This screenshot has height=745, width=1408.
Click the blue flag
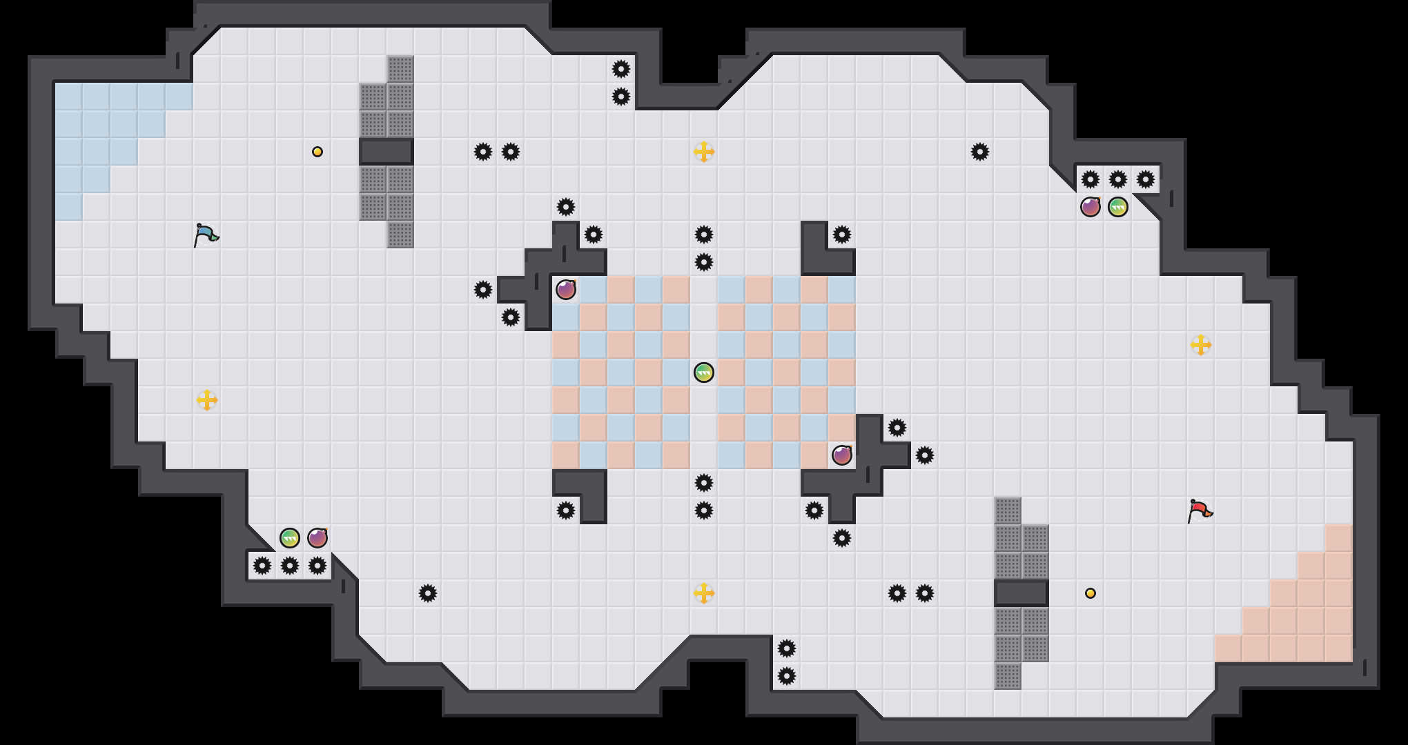point(206,235)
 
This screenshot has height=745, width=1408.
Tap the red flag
point(1200,510)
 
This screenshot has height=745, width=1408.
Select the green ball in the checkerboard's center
point(703,372)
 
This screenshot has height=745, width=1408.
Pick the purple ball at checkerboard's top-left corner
point(566,290)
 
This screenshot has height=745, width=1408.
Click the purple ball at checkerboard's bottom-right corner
point(842,455)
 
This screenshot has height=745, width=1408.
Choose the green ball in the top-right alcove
point(1117,207)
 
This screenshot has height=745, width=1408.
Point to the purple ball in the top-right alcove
point(1091,207)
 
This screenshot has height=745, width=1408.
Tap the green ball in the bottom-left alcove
point(290,538)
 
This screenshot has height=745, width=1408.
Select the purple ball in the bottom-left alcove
point(317,538)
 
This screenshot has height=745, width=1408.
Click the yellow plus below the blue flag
point(207,400)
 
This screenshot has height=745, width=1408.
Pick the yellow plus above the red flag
point(1200,345)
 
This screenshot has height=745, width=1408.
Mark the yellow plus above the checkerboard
point(703,152)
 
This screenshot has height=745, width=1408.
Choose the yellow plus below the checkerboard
point(703,593)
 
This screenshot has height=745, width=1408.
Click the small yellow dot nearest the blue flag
point(317,152)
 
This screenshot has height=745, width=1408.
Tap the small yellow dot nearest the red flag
point(1091,593)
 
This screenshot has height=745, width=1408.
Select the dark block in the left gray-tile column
point(387,152)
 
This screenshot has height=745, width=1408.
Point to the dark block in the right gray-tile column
point(1021,593)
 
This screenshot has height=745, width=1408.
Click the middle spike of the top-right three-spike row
point(1117,179)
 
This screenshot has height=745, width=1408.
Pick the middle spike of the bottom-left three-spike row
point(290,566)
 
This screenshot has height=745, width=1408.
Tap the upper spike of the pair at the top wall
point(621,69)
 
